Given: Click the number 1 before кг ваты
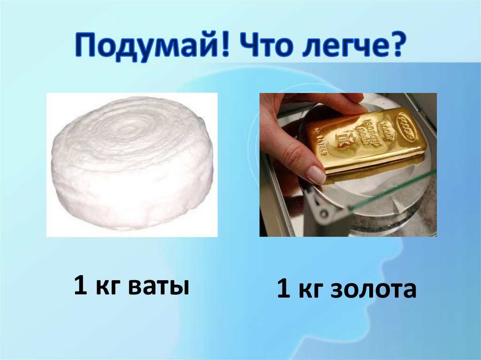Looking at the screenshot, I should pyautogui.click(x=80, y=286).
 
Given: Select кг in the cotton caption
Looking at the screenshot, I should pyautogui.click(x=108, y=286).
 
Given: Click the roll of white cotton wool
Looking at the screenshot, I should pyautogui.click(x=132, y=164).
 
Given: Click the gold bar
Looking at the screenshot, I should pyautogui.click(x=366, y=141).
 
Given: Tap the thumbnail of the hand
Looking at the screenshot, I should pyautogui.click(x=315, y=175).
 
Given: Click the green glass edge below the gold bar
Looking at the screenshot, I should pyautogui.click(x=399, y=188).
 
